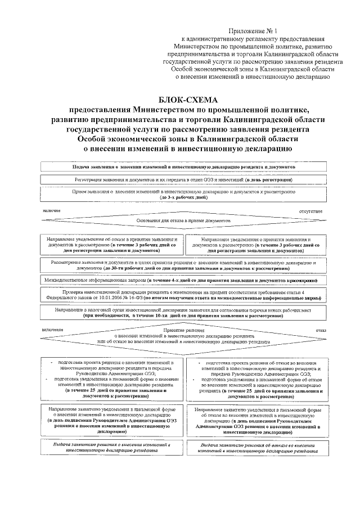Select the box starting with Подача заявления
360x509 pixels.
pos(184,167)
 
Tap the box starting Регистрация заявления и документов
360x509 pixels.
pos(184,179)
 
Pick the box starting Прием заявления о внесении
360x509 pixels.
pos(184,195)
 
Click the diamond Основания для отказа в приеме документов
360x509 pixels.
pos(184,221)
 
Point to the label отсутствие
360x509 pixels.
pos(314,211)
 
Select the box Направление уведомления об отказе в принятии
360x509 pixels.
pos(111,245)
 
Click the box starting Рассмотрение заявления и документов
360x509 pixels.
pos(184,265)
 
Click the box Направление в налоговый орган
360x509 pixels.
pos(184,313)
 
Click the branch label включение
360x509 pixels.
pos(52,330)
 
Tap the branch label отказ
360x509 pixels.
pos(321,330)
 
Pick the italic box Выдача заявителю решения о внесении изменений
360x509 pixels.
pos(111,448)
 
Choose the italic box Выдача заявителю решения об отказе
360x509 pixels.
pos(256,448)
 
